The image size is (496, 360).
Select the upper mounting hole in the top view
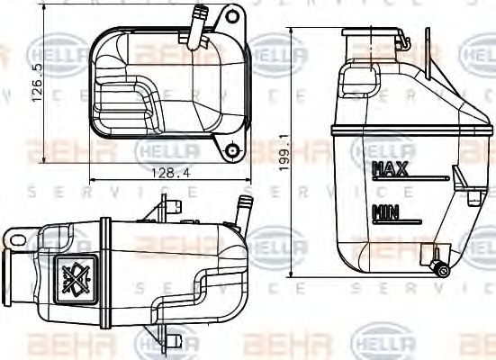point(233,16)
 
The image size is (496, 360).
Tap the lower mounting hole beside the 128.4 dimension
point(233,150)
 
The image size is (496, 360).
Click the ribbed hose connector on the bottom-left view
point(241,209)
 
